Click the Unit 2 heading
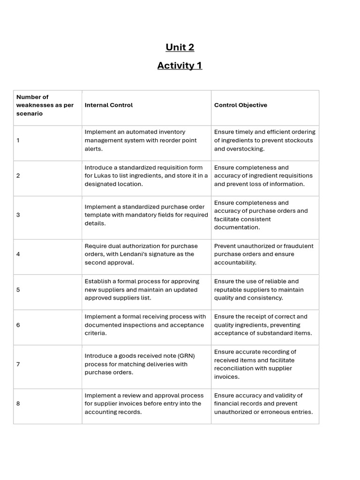[x=180, y=47]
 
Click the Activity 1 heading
[x=180, y=66]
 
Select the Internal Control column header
[x=109, y=105]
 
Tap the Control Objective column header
[x=240, y=105]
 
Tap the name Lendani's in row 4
[x=144, y=254]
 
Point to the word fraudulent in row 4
[x=299, y=246]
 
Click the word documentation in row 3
[x=237, y=227]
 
